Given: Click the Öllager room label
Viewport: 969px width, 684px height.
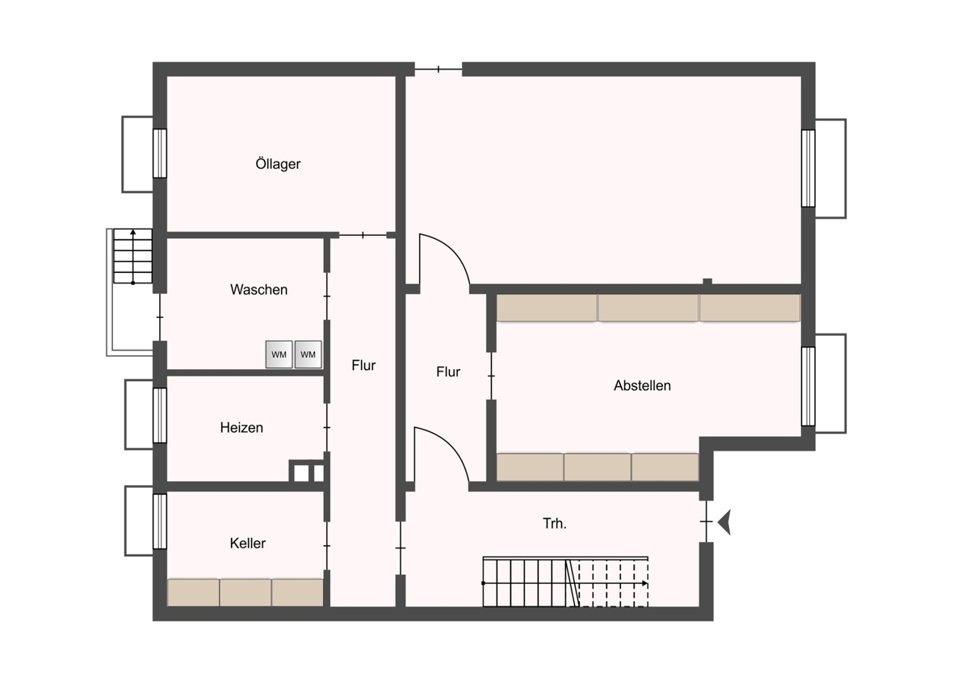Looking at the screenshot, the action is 278,164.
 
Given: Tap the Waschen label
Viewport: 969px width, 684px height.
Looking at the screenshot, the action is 258,289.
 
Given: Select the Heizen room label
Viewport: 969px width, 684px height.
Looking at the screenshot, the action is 241,427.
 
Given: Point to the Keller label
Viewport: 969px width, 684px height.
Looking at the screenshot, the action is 247,543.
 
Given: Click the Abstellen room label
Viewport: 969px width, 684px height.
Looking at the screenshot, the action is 643,385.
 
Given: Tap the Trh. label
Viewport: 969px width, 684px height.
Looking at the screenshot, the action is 555,523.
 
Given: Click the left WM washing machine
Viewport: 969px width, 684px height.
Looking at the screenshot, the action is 279,355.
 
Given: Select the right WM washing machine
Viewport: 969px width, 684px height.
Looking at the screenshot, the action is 308,355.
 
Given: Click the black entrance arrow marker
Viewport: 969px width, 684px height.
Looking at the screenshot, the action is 724,522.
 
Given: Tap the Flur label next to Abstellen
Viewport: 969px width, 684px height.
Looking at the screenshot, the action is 448,371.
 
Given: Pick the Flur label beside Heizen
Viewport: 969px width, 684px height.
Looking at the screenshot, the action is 363,365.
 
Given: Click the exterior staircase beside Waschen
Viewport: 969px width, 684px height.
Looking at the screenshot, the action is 132,256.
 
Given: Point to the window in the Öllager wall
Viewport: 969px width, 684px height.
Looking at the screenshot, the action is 160,153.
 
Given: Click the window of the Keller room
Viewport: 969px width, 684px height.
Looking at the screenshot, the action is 160,522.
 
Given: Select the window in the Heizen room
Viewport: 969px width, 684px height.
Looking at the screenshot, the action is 160,415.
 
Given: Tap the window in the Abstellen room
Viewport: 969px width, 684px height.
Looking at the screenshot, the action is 808,386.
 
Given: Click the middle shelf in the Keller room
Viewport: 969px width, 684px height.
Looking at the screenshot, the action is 245,592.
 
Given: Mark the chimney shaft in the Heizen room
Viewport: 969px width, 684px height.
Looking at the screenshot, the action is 306,471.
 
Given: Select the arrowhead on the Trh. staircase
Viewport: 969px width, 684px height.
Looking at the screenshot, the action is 645,583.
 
